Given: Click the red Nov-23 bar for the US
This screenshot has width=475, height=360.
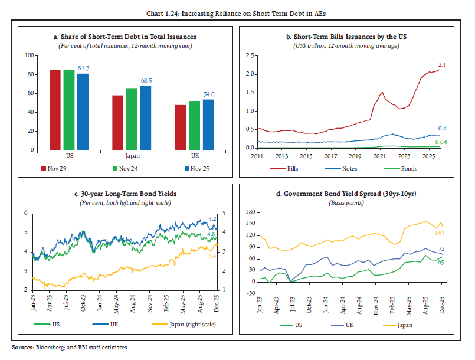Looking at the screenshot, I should [x=55, y=110].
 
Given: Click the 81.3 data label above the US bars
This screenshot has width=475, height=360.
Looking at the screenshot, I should [x=83, y=68].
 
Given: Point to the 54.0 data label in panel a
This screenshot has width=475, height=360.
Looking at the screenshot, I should [x=209, y=94].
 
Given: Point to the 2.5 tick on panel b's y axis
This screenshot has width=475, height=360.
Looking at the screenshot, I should [x=250, y=55].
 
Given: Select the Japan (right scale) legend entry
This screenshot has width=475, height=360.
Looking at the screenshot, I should [x=181, y=325].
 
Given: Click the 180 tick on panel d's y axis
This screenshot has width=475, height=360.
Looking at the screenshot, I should [x=251, y=212].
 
